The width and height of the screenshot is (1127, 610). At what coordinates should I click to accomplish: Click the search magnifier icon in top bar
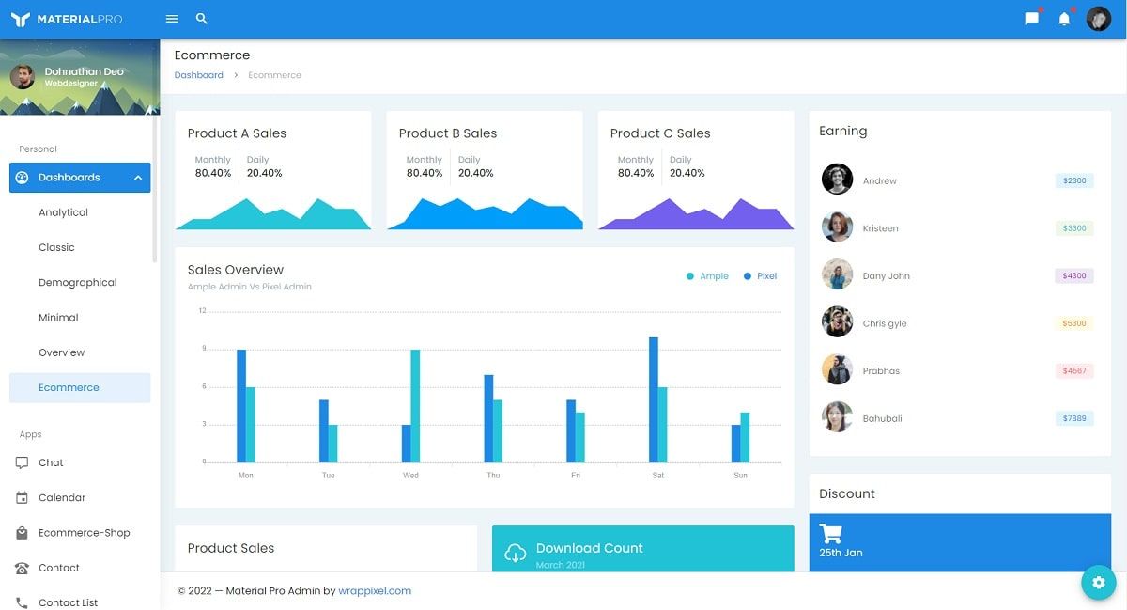202,19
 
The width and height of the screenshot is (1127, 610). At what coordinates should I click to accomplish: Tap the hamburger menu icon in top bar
172,19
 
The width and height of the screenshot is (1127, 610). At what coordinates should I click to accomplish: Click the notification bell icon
1064,19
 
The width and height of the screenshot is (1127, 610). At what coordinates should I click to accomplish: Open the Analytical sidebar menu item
63,212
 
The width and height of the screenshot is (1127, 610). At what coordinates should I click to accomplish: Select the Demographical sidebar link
78,283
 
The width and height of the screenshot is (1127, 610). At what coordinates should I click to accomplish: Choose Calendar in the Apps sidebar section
62,498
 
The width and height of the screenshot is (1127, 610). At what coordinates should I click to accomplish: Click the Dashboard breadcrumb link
199,75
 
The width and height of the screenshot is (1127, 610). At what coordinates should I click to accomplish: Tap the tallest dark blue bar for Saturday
654,399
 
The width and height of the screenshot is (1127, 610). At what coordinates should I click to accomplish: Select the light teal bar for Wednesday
415,406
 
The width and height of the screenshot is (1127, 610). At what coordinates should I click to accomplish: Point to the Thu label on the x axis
493,476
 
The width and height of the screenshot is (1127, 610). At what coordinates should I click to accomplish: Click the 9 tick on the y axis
203,349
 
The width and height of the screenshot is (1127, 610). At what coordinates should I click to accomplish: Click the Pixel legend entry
766,276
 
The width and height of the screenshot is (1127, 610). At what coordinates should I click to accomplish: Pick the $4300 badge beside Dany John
1074,276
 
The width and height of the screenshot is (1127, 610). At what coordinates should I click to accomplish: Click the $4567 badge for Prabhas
1074,371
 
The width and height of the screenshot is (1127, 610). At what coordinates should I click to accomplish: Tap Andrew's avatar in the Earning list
837,180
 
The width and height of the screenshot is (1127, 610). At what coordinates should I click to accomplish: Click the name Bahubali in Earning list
882,419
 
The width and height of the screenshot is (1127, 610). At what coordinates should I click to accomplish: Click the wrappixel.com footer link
375,591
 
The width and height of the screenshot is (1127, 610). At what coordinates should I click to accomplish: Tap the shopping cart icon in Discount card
830,534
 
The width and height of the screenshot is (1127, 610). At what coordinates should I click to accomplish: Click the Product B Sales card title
448,133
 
